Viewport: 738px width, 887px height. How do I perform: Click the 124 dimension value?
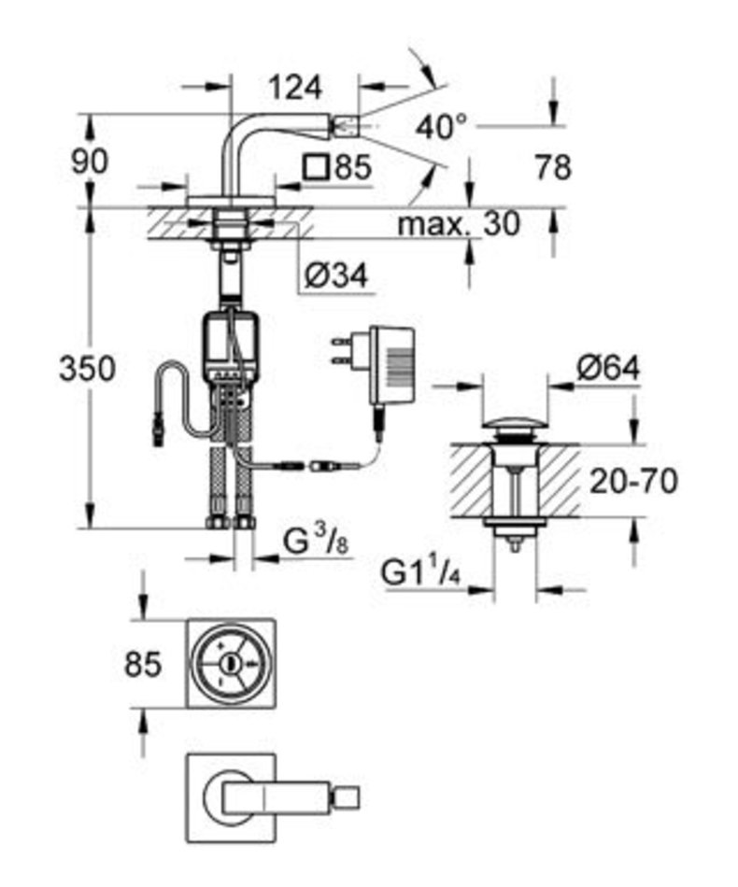coord(295,89)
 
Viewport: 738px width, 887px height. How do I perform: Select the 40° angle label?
coord(442,127)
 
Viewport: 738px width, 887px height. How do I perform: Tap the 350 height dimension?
coord(88,368)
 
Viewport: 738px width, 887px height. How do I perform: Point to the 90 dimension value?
coord(90,162)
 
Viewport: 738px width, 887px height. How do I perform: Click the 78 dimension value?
coord(553,167)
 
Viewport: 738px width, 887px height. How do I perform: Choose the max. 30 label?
coord(458,224)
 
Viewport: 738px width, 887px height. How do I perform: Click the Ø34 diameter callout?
coord(336,275)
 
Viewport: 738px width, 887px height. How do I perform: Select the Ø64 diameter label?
coord(608,368)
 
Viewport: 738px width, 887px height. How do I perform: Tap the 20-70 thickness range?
coord(633,482)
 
